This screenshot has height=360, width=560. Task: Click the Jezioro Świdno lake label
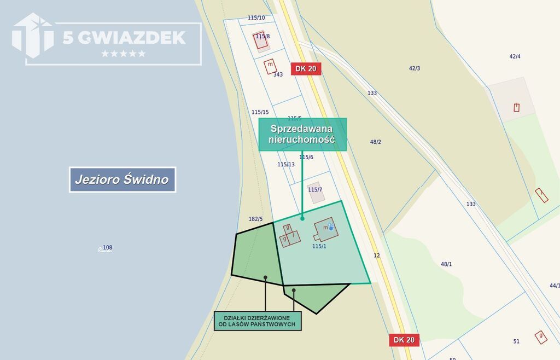pyautogui.click(x=122, y=179)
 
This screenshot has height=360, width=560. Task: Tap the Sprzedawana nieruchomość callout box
pyautogui.click(x=302, y=134)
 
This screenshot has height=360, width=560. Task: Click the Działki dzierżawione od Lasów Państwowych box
pyautogui.click(x=257, y=321)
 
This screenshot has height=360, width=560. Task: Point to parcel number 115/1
pyautogui.click(x=319, y=246)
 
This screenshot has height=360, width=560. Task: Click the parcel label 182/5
pyautogui.click(x=255, y=219)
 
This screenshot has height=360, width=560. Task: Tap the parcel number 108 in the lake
pyautogui.click(x=108, y=248)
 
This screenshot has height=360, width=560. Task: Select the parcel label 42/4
pyautogui.click(x=515, y=56)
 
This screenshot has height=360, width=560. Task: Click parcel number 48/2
pyautogui.click(x=376, y=142)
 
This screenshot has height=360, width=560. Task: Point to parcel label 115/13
pyautogui.click(x=286, y=164)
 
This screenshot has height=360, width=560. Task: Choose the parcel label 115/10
pyautogui.click(x=256, y=18)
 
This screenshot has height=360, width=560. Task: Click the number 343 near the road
pyautogui.click(x=278, y=74)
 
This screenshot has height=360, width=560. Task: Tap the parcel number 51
pyautogui.click(x=516, y=341)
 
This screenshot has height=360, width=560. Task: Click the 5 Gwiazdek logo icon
pyautogui.click(x=33, y=36)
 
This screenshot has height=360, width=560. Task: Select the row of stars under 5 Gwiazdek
pyautogui.click(x=124, y=54)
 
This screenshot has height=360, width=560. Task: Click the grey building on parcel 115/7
pyautogui.click(x=314, y=193)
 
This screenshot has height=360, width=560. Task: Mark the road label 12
pyautogui.click(x=377, y=256)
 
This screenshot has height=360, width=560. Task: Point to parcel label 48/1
pyautogui.click(x=447, y=264)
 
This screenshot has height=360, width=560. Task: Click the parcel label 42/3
pyautogui.click(x=415, y=68)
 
